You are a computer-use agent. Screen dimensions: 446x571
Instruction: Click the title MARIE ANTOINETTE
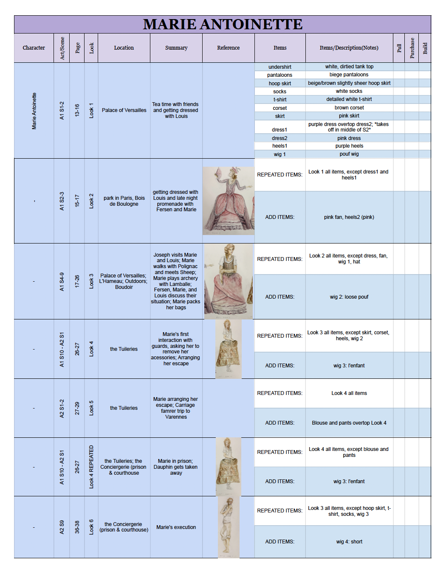223,25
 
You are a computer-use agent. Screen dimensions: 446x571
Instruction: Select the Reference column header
228,48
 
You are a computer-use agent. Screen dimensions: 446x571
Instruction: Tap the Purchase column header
412,48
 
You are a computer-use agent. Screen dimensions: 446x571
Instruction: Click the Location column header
124,48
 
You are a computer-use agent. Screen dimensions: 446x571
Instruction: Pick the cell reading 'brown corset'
349,108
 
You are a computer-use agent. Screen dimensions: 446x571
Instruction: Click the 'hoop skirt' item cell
280,84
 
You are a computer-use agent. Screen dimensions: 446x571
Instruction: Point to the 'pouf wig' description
349,154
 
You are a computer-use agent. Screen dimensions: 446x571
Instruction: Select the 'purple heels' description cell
349,146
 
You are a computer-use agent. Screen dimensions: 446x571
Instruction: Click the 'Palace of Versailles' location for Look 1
124,110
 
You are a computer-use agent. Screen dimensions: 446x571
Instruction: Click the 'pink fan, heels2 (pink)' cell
349,217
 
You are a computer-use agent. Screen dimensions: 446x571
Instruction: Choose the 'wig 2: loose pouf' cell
349,297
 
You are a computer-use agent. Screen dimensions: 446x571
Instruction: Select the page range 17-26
77,282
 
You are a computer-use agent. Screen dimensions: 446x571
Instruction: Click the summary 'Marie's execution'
176,527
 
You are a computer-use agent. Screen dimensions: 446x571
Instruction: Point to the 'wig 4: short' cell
349,542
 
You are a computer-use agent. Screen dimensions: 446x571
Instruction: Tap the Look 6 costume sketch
229,527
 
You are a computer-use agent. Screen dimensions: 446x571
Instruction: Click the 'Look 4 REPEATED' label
91,467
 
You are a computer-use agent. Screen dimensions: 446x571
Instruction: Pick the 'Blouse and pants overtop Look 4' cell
349,423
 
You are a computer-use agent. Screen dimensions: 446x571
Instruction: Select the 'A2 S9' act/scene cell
62,527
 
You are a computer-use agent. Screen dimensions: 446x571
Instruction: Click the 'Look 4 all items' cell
349,393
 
